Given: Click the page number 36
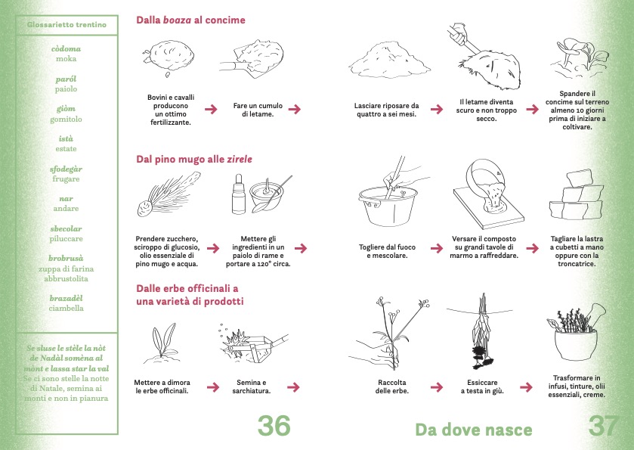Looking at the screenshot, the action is click(274, 425).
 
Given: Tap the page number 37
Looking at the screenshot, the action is click(603, 425).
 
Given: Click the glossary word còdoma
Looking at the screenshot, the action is click(66, 49).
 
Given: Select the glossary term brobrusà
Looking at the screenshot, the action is click(66, 258).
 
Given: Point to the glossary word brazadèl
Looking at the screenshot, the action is click(66, 298).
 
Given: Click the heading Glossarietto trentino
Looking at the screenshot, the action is click(66, 25).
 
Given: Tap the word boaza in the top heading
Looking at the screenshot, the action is click(177, 20).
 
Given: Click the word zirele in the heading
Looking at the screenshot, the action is click(239, 159).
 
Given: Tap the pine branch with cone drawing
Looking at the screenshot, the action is click(168, 194).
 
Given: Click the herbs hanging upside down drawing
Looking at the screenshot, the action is click(481, 331).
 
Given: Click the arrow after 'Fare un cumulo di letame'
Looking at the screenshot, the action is click(295, 109).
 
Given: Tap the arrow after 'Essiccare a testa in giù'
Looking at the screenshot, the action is click(526, 387).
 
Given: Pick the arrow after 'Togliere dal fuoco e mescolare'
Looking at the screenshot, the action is click(437, 248).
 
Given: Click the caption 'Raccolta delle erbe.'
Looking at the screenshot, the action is click(391, 386).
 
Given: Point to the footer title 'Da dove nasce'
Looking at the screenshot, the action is click(474, 430).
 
